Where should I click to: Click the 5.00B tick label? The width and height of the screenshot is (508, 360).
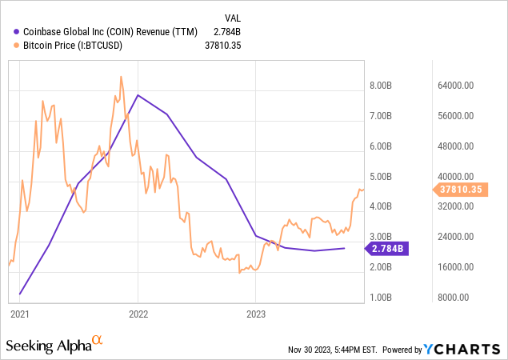click(380, 177)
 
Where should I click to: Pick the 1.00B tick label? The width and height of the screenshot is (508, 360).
click(380, 298)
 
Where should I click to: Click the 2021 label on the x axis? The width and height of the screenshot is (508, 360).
click(20, 314)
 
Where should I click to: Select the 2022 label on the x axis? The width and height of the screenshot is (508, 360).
click(138, 314)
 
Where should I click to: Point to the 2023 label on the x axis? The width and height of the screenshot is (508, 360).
click(255, 314)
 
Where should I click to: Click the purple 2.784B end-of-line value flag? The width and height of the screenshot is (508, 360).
click(388, 248)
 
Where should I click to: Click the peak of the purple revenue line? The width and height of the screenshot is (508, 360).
click(138, 95)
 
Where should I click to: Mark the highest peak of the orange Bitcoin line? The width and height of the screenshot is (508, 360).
click(121, 77)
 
